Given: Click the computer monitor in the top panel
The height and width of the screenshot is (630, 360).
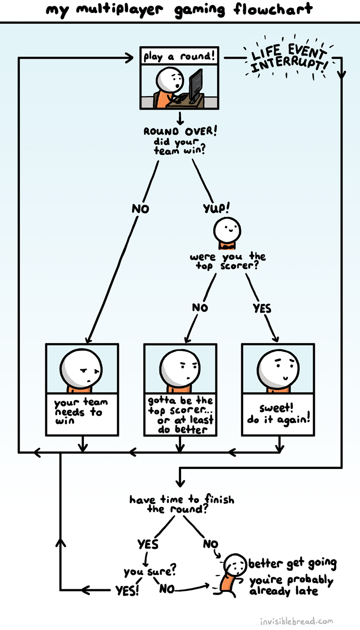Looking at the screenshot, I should point(195,85).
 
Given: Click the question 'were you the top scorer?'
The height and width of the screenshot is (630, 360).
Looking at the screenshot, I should point(228,261).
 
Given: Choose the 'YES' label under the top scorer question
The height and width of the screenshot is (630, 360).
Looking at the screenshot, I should point(262,308).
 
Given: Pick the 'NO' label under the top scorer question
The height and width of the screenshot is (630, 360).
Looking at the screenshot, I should point(200,308).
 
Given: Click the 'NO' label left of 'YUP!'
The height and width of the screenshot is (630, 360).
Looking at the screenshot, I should point(140,209).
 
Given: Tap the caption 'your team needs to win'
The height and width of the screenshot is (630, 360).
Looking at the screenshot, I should point(79,411).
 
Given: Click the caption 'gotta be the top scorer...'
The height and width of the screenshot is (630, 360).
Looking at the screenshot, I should point(180,414).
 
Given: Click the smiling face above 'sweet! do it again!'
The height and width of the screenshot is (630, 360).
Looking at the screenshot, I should point(278,366).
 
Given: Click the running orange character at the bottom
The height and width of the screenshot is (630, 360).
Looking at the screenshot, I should point(229,576).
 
